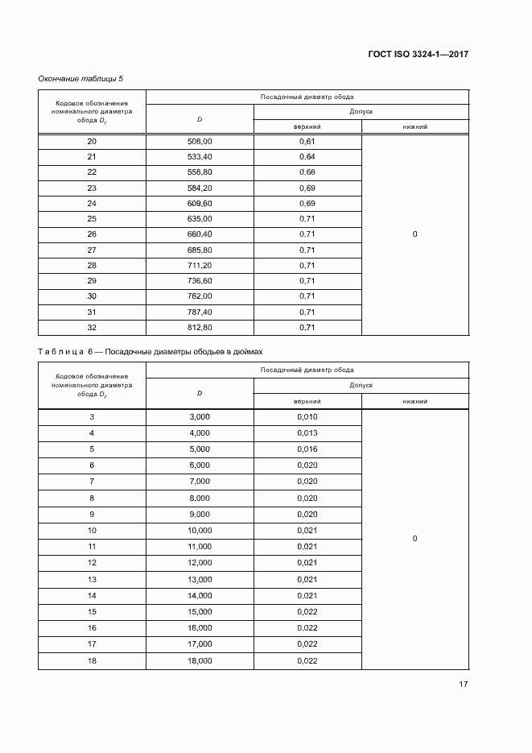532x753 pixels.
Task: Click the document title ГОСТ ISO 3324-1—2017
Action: (418, 55)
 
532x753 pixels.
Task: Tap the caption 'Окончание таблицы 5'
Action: (80, 78)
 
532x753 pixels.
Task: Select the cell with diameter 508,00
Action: (200, 141)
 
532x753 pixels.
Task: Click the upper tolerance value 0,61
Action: (307, 141)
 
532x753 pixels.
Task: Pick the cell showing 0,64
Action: (307, 156)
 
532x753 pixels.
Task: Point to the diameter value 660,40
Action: (200, 234)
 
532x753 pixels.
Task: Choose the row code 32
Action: (91, 328)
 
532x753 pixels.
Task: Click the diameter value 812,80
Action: (200, 328)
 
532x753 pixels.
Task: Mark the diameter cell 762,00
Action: (200, 296)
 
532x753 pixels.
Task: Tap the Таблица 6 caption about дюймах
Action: (150, 352)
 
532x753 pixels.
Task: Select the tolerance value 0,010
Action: (307, 416)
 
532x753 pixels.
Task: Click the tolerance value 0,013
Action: (307, 433)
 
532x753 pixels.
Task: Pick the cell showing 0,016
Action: (307, 449)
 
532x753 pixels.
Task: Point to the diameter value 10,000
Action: (200, 531)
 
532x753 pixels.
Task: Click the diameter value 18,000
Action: (200, 660)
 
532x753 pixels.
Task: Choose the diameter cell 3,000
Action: (200, 416)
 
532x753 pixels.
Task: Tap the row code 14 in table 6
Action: (91, 595)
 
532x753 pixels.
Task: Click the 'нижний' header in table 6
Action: (414, 400)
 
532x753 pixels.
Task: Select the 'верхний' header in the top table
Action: (307, 126)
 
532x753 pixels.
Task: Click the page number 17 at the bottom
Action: (464, 685)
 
